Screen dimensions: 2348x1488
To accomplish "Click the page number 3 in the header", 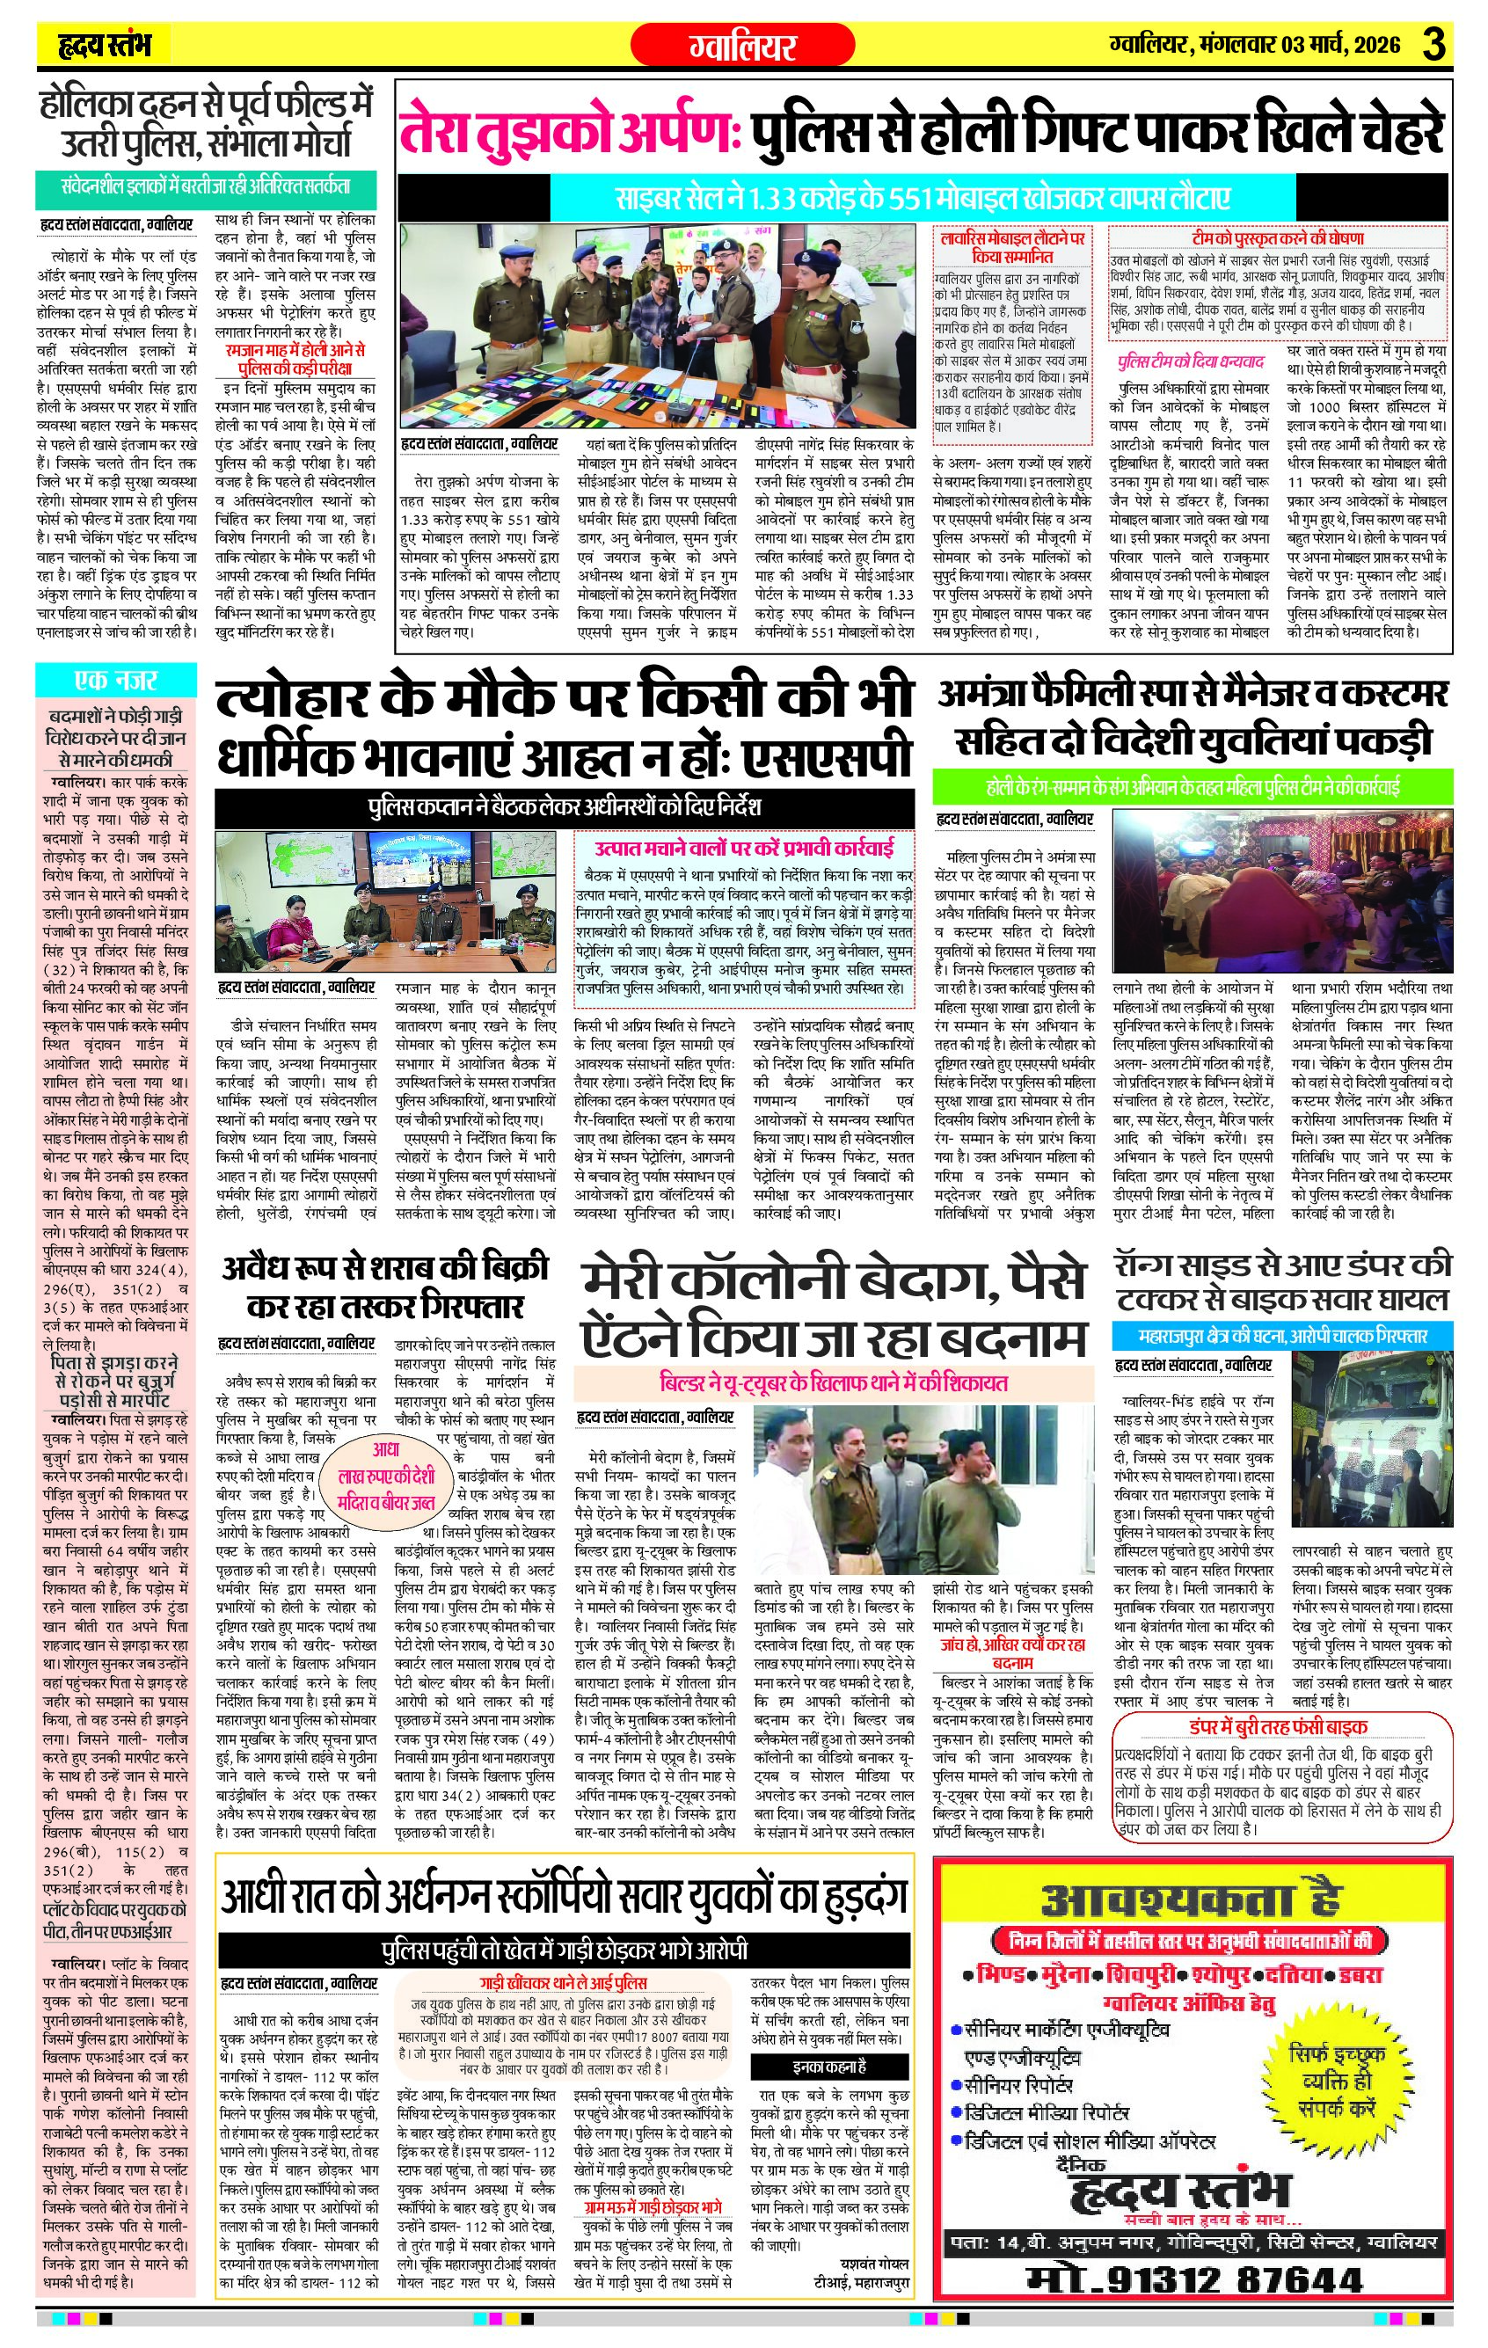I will [x=1433, y=44].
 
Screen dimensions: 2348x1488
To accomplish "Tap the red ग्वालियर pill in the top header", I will [x=742, y=45].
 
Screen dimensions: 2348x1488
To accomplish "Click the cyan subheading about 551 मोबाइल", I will [x=923, y=199].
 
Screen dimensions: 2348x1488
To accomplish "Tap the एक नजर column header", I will [x=114, y=680].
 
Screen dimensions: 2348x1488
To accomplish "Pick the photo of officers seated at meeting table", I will [x=385, y=903].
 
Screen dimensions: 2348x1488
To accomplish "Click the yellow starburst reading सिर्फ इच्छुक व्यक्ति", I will [x=1335, y=2081].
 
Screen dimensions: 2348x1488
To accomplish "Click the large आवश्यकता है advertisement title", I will [x=1191, y=1900].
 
